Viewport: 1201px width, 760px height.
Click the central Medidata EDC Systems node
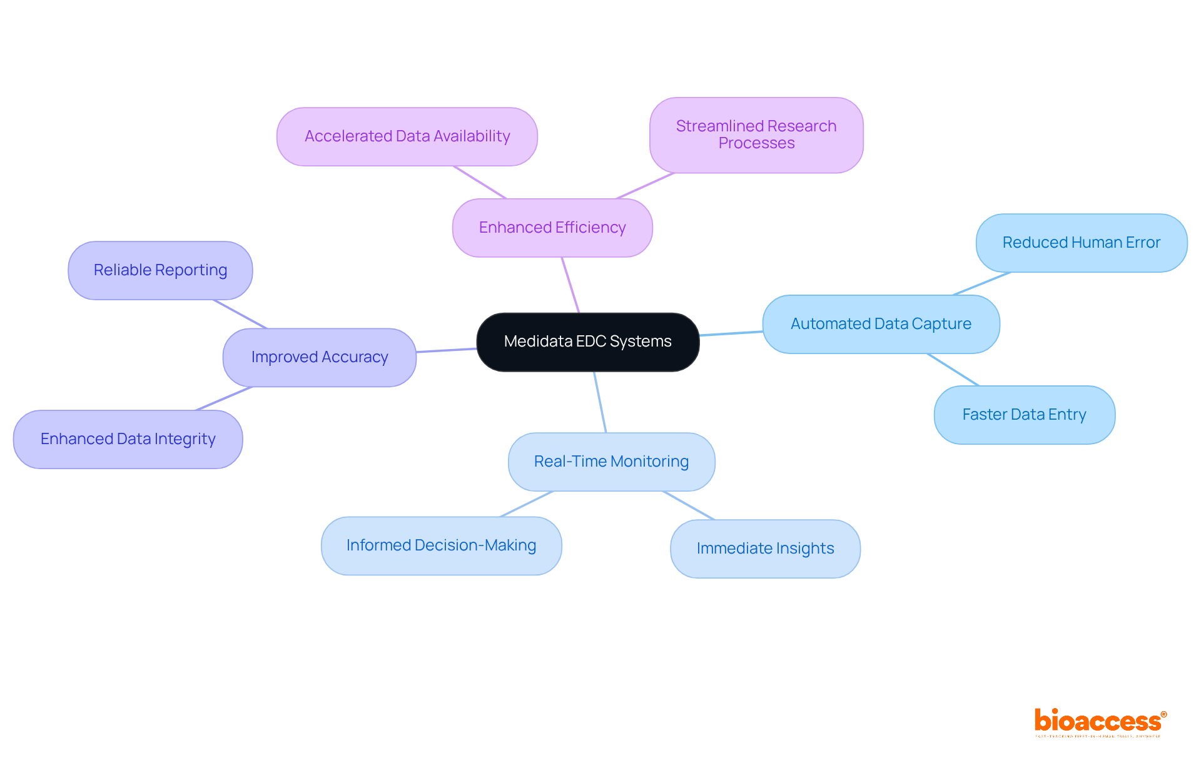coord(587,342)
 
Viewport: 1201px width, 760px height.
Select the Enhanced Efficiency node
coord(552,228)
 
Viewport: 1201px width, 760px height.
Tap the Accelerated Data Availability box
coord(407,136)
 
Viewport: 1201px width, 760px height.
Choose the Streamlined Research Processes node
coord(756,134)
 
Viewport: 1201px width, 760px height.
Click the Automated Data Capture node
coord(881,324)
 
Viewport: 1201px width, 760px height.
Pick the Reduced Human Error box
coord(1081,243)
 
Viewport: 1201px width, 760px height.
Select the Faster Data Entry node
coord(1024,415)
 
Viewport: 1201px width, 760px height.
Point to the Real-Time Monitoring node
coord(611,462)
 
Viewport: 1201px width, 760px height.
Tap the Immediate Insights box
coord(765,549)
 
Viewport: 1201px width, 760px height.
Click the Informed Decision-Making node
coord(441,545)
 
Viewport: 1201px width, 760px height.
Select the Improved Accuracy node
coord(320,357)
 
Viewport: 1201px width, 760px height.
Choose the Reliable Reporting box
coord(160,270)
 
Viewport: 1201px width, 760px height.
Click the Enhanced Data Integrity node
coord(128,439)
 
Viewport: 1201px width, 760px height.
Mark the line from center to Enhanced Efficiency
coord(570,285)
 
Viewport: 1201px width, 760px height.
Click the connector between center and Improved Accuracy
coord(447,350)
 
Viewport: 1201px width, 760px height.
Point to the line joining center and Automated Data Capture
coord(731,333)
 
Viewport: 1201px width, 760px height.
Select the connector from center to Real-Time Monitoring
coord(600,402)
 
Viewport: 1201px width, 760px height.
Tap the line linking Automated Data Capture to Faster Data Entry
coord(953,369)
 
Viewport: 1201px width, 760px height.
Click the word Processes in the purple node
coord(756,143)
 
